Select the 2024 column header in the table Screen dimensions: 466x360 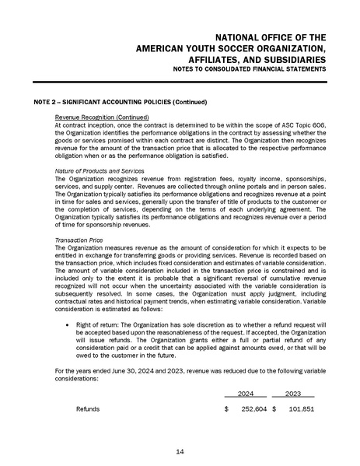point(245,394)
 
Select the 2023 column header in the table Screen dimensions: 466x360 point(292,394)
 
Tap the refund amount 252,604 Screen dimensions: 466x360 point(250,408)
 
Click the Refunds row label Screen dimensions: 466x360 point(89,408)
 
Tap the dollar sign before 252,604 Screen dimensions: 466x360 point(225,408)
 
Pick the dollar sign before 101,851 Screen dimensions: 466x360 point(274,408)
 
